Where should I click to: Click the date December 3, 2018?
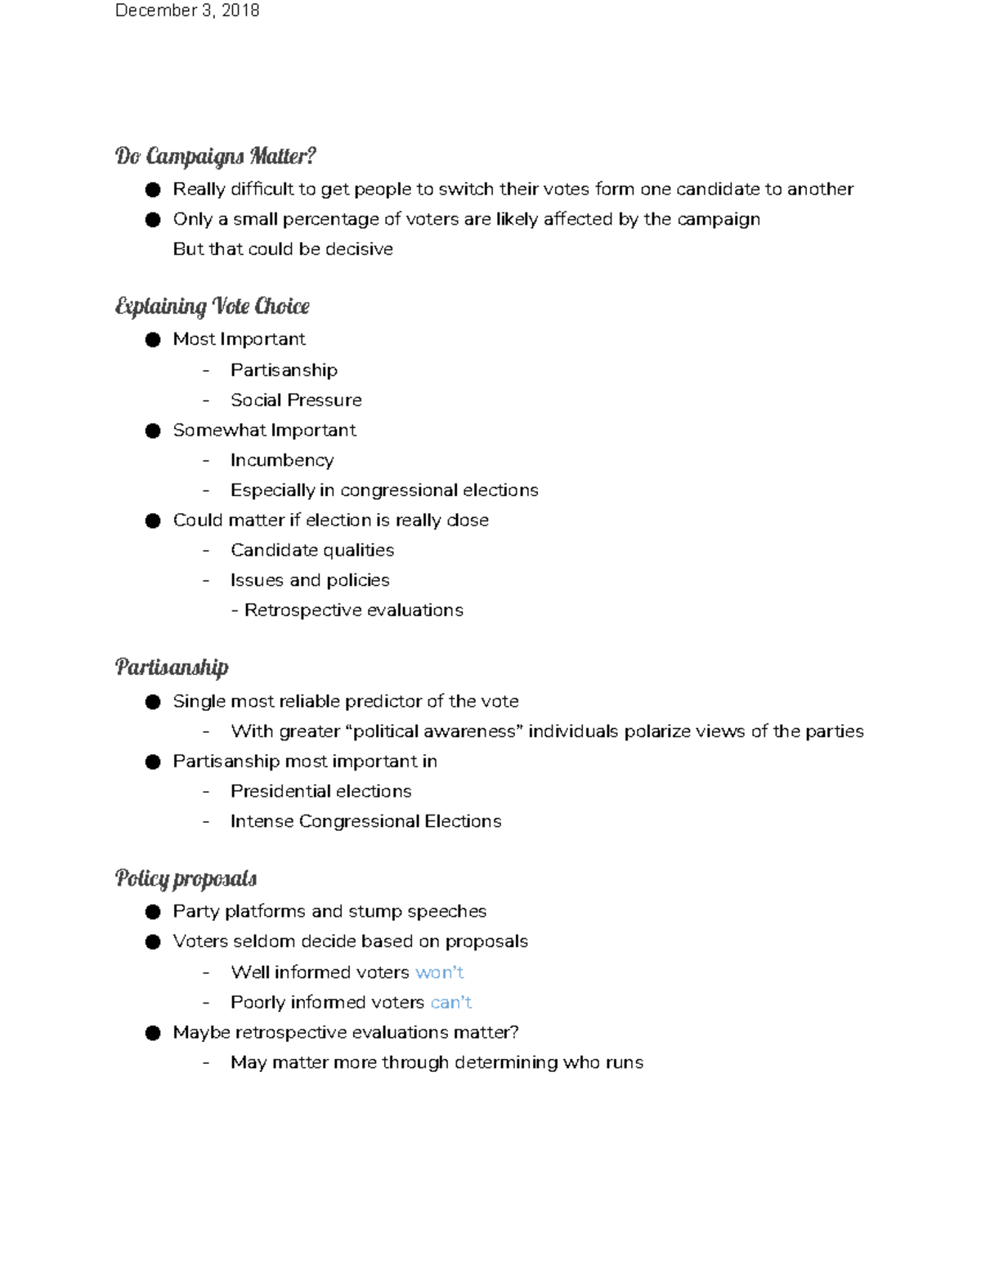[187, 11]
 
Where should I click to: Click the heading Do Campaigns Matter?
[215, 155]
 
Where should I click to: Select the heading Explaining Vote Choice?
[212, 306]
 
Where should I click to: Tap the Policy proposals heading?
[186, 878]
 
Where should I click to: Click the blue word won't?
[439, 972]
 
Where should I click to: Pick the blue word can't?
[450, 1003]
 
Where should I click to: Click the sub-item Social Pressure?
[296, 400]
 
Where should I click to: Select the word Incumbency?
[282, 460]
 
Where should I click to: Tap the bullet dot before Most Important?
[153, 340]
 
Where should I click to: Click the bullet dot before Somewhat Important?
[153, 431]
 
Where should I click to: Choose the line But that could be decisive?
[283, 249]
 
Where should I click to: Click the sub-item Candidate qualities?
[312, 551]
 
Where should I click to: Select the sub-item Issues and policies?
[310, 580]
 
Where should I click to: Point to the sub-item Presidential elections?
[320, 791]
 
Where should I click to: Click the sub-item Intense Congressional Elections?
[365, 821]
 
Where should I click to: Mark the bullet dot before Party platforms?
[153, 912]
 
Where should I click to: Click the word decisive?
[359, 249]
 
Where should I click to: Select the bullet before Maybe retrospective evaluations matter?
[153, 1033]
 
